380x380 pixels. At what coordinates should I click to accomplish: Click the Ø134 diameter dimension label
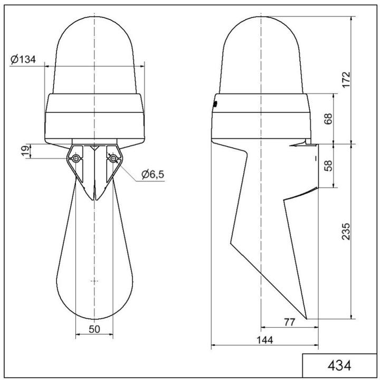click(x=23, y=60)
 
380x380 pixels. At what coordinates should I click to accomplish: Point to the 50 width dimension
click(x=94, y=328)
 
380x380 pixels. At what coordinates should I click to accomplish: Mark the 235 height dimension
click(x=346, y=231)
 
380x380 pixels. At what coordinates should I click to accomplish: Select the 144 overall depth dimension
click(x=264, y=340)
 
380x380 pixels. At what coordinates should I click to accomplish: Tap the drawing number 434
click(x=339, y=365)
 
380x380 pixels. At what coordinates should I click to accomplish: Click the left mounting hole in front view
click(x=77, y=158)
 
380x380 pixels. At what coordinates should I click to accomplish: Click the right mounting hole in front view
click(x=112, y=158)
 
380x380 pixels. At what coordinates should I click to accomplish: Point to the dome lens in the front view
click(x=94, y=53)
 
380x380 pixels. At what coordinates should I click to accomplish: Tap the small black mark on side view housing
click(x=215, y=104)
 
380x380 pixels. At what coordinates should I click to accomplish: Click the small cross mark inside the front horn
click(x=94, y=280)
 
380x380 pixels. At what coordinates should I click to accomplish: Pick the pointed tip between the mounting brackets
click(x=94, y=198)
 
